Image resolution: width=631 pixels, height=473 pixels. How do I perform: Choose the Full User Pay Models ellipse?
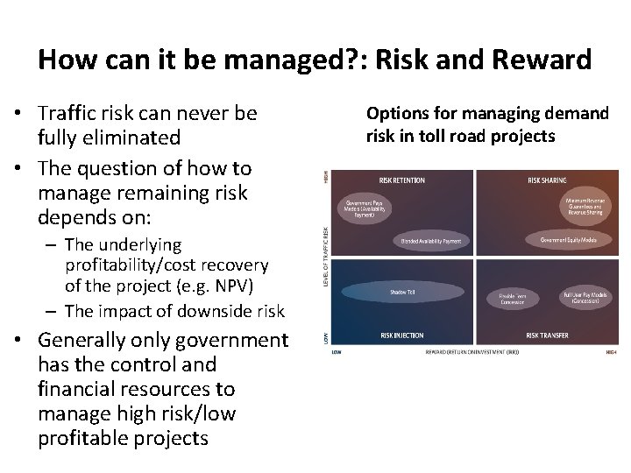588,296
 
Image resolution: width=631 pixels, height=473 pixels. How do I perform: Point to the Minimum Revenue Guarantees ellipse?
588,207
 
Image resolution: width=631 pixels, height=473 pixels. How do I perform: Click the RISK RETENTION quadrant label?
401,180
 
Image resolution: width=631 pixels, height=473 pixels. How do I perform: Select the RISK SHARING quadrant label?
547,180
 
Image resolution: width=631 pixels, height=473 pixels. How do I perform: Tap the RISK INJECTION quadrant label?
401,335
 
